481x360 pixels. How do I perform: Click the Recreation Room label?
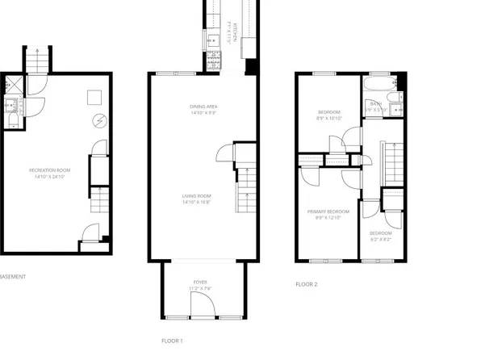pos(46,170)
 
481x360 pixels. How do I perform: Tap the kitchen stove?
pos(215,60)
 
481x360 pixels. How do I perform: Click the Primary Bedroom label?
pos(327,212)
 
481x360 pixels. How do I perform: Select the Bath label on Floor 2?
pos(375,103)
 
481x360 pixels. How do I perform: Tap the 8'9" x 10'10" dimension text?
pos(329,118)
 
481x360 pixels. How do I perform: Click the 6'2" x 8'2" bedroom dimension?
pos(380,239)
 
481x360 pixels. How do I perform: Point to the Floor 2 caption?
pos(307,284)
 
